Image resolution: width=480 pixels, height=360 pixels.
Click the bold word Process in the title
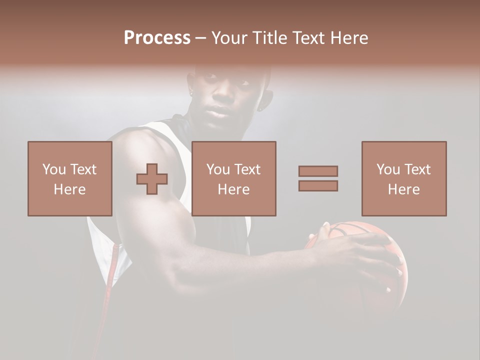tap(157, 38)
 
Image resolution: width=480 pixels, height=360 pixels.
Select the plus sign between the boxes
tap(152, 179)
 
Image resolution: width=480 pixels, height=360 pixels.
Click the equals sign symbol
tap(318, 178)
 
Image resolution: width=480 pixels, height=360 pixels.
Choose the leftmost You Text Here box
tap(70, 178)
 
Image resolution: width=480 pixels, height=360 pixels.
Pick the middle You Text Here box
tap(233, 178)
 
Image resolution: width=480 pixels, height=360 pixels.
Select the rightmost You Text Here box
tap(404, 178)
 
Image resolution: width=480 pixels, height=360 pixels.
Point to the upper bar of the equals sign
tap(318, 171)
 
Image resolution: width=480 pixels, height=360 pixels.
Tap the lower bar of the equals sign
tap(318, 186)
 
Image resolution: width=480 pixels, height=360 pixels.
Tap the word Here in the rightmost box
tap(404, 189)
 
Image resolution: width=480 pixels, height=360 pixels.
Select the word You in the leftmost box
tap(54, 169)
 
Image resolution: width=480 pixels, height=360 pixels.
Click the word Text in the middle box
tap(247, 169)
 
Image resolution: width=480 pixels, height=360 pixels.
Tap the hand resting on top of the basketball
tap(350, 245)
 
